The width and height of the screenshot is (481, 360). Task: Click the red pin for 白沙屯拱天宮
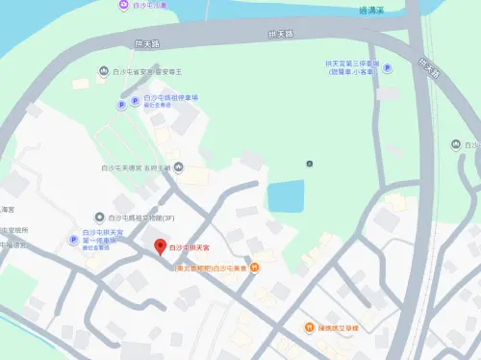(x=160, y=247)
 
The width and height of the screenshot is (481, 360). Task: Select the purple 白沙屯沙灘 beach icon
(x=123, y=5)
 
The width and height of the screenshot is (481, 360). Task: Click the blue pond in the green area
(x=286, y=196)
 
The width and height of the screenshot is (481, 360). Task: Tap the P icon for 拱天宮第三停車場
(x=388, y=68)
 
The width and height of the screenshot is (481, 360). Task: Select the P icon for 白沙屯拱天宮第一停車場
(x=72, y=240)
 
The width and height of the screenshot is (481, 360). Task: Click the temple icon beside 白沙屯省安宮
(x=104, y=70)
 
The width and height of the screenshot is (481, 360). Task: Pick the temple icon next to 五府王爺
(x=168, y=167)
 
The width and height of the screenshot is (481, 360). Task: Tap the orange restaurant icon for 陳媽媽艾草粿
(x=309, y=328)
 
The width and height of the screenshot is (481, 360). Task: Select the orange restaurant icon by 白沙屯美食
(x=254, y=268)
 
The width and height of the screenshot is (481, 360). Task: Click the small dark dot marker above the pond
(x=309, y=164)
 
